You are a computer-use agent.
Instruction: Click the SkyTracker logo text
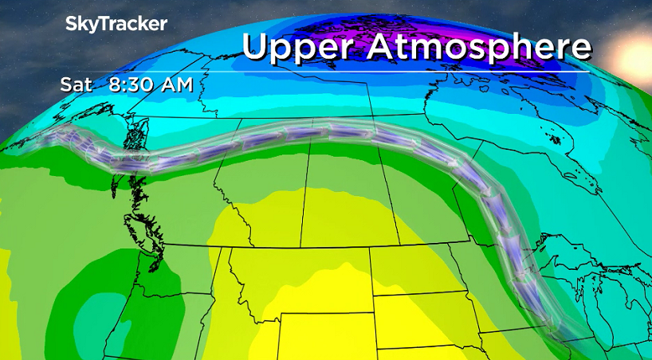click(116, 24)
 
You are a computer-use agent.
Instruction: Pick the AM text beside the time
click(175, 84)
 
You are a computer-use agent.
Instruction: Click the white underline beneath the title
click(414, 72)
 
